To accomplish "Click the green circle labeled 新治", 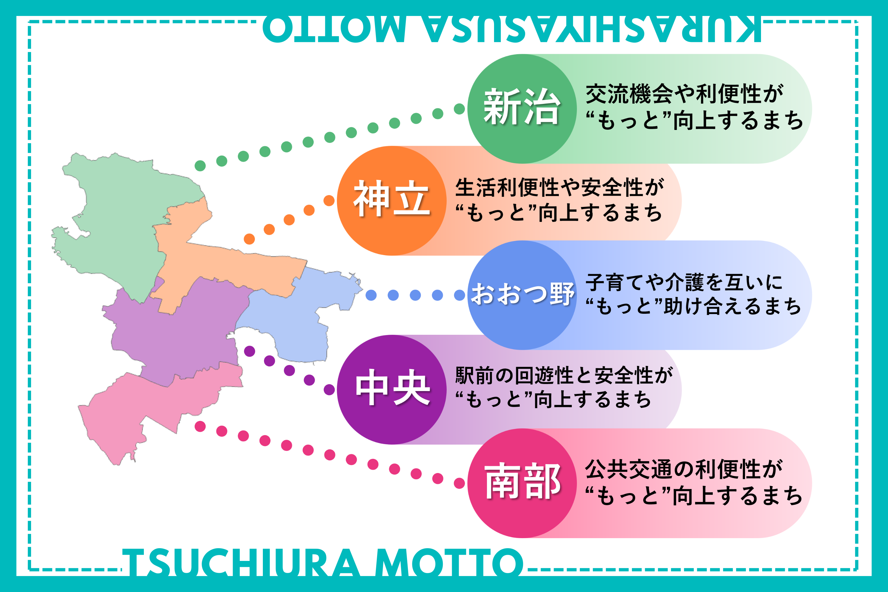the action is (x=522, y=109).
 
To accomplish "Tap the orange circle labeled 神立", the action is (x=392, y=200).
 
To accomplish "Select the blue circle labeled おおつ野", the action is (x=522, y=295).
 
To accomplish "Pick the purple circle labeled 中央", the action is (x=392, y=389).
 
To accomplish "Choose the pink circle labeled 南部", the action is (x=522, y=483).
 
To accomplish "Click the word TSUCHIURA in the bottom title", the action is (x=241, y=563).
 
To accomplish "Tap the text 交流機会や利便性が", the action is (x=684, y=94).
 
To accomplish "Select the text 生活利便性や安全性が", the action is (x=559, y=187).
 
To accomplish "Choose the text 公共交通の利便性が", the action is (x=684, y=469).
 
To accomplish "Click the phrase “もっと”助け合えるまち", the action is (x=693, y=306).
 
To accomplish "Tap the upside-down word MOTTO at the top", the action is (x=334, y=29).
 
